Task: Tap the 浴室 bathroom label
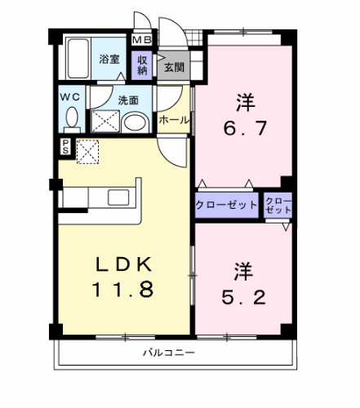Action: tap(109, 59)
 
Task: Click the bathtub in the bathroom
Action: tap(78, 59)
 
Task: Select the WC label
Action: tap(69, 96)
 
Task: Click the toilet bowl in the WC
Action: tap(71, 121)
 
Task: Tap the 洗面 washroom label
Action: tap(127, 101)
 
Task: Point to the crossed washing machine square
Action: tap(104, 122)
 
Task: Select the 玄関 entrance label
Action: tap(173, 67)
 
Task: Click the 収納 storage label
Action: tap(142, 64)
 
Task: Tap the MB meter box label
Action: tap(142, 38)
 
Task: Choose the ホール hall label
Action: tap(174, 120)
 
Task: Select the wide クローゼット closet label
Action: tap(226, 205)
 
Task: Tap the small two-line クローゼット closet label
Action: tap(278, 206)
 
